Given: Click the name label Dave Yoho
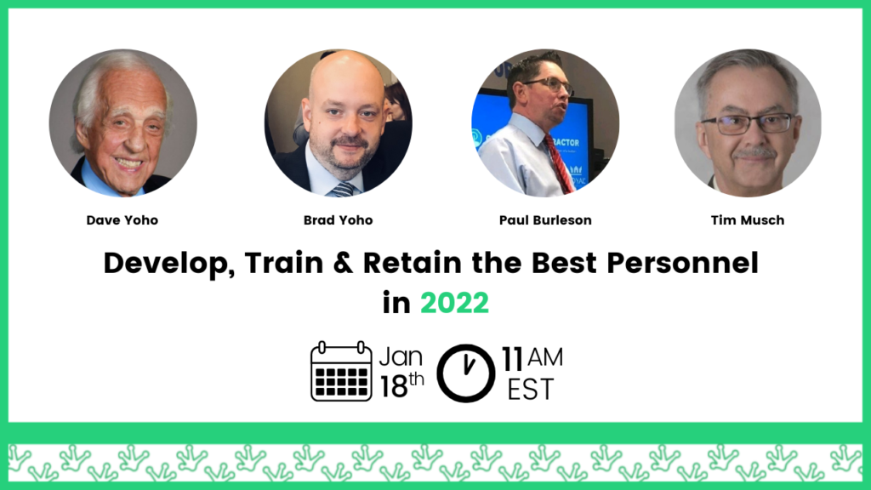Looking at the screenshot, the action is click(x=122, y=220).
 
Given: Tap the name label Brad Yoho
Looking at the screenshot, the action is click(x=338, y=220).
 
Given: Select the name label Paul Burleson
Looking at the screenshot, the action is click(x=545, y=220).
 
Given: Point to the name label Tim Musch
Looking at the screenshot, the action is click(x=748, y=220).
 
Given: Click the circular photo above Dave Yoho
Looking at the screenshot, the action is click(x=122, y=122).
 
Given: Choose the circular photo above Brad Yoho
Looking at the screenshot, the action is click(x=339, y=122).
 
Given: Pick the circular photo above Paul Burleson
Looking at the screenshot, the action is click(x=545, y=122).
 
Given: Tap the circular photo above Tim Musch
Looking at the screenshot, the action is click(x=748, y=122).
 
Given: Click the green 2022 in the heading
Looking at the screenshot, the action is click(x=454, y=303).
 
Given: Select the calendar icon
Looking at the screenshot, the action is click(x=341, y=371).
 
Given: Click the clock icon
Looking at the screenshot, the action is click(x=465, y=373).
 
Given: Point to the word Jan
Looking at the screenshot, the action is click(x=401, y=356).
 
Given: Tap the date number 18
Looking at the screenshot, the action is click(x=393, y=387).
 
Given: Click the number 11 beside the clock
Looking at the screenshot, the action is click(x=512, y=359).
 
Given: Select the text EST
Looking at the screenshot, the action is click(x=531, y=389).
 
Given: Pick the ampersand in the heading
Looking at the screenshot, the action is click(x=344, y=263).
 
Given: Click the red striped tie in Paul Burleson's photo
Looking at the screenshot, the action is click(x=559, y=164).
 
